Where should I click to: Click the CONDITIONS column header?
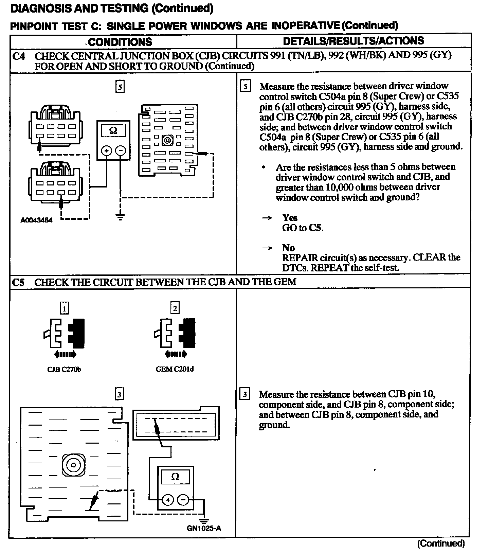point(120,42)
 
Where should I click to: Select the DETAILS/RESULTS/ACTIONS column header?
point(353,41)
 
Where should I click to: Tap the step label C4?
point(18,56)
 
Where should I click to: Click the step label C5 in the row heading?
point(18,282)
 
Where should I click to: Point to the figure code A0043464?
point(37,220)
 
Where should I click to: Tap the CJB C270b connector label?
point(64,369)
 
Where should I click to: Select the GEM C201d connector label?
point(175,369)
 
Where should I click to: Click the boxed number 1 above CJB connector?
point(64,308)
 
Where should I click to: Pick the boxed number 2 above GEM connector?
point(175,308)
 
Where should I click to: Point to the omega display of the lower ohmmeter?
point(175,477)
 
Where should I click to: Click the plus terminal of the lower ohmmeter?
point(167,500)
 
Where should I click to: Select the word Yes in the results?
point(290,217)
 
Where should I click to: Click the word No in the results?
point(288,248)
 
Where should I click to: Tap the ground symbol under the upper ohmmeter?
point(120,217)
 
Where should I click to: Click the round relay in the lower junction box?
point(73,464)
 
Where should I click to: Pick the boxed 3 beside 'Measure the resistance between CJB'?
point(245,394)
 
